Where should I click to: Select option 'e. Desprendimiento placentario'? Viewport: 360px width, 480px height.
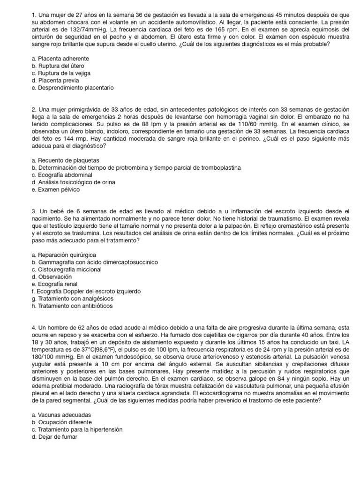[73, 88]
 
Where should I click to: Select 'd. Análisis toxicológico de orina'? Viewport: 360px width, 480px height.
[73, 182]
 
